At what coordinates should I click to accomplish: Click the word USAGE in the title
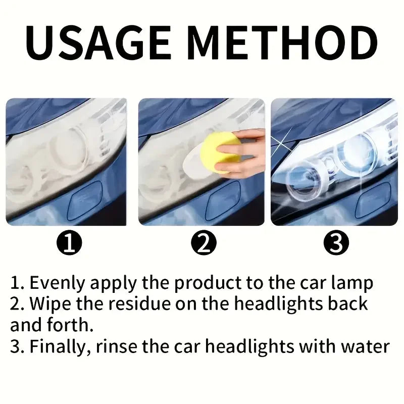pos(98,43)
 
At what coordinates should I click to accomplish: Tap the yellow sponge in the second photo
pos(220,152)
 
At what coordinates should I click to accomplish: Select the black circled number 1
pos(69,242)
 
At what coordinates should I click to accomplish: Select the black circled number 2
pos(204,242)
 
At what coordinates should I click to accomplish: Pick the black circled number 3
pos(336,242)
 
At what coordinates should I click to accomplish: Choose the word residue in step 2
pos(139,304)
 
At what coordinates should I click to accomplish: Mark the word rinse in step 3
pos(117,347)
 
